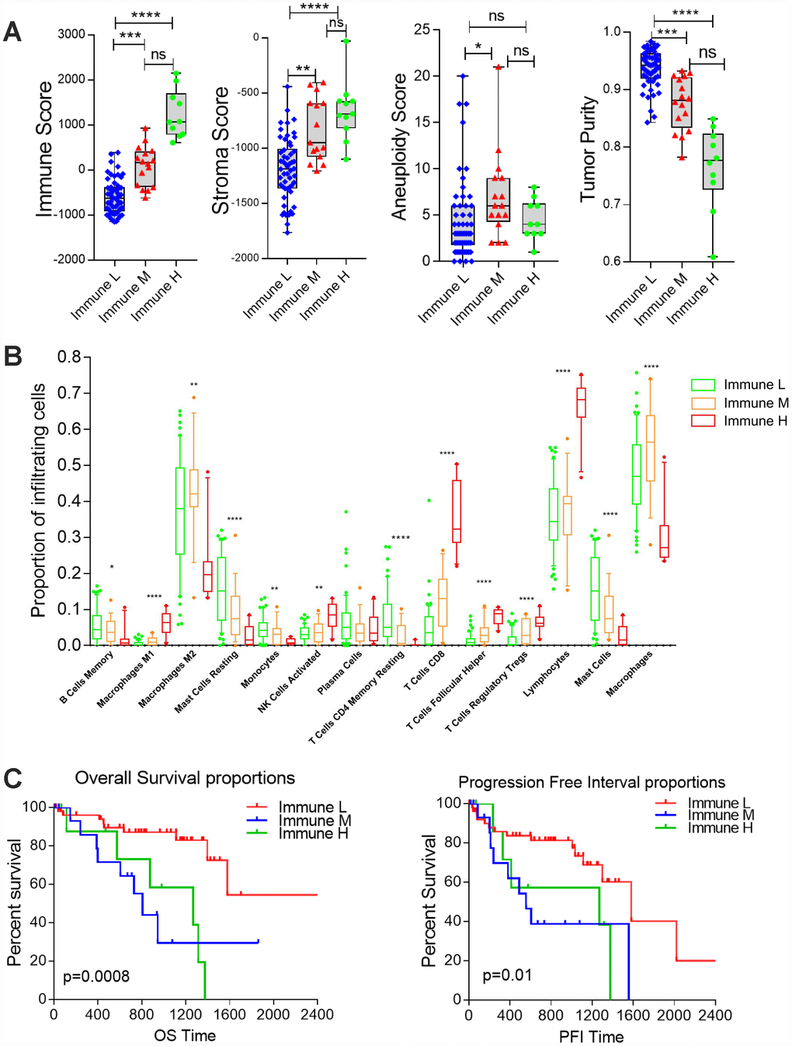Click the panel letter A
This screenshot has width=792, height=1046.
click(x=12, y=32)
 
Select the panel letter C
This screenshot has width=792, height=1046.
click(x=12, y=778)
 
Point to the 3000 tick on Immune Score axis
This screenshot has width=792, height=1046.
click(x=71, y=35)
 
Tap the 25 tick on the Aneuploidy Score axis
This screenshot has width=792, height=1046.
click(x=422, y=30)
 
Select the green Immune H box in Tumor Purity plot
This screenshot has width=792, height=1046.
click(x=713, y=162)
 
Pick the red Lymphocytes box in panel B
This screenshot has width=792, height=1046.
click(x=581, y=402)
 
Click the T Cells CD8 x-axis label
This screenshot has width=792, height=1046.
click(x=426, y=670)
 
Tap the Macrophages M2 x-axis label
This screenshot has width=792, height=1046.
click(x=167, y=679)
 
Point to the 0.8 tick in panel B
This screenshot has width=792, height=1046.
click(x=69, y=357)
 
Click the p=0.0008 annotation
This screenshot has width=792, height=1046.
click(x=96, y=976)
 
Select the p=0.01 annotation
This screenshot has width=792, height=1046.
click(x=507, y=975)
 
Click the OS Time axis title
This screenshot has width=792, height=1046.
click(x=185, y=1035)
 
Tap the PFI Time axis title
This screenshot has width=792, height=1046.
click(x=591, y=1037)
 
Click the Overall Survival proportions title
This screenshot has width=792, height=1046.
click(x=185, y=778)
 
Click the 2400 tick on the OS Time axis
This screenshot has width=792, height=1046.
click(x=317, y=1014)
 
